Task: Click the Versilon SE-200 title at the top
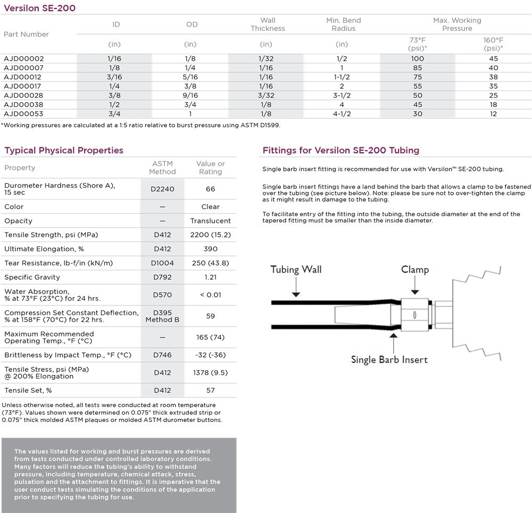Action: pos(40,8)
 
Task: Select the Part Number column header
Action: pos(27,34)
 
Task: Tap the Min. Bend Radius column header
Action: pos(343,24)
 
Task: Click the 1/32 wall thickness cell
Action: pos(265,59)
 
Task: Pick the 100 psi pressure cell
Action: pos(417,59)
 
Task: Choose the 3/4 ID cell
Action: pos(114,113)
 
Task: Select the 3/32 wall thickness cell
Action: pos(265,95)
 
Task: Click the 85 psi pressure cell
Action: pos(417,68)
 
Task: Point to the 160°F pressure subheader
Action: pos(494,44)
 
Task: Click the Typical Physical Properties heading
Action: pos(64,151)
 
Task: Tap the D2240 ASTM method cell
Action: pos(162,189)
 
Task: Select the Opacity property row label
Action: pos(19,221)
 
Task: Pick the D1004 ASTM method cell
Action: pos(162,263)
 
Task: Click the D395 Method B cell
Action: pos(162,316)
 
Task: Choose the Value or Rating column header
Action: pos(210,168)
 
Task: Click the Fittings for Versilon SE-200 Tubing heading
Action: pos(340,151)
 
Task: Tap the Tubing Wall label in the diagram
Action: pos(296,269)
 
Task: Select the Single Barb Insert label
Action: pos(389,360)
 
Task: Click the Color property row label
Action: pos(14,206)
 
